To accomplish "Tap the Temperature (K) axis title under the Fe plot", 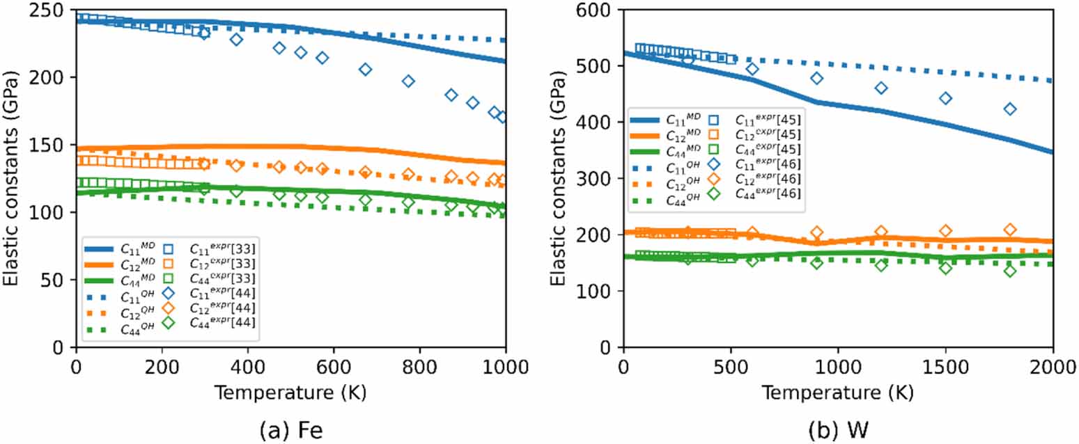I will tap(290, 393).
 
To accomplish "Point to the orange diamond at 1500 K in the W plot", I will tap(945, 231).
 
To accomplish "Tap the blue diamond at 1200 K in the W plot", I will tap(881, 88).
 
